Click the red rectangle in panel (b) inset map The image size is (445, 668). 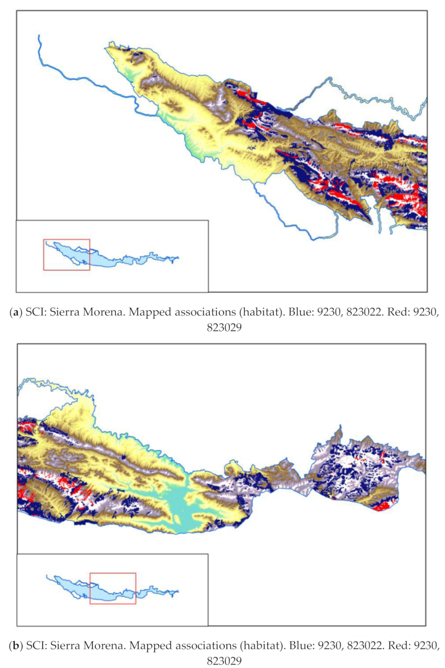[x=113, y=573]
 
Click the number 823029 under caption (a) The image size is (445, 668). [x=224, y=327]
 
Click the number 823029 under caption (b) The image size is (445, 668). [x=224, y=661]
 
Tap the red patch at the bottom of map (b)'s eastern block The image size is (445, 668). [x=381, y=506]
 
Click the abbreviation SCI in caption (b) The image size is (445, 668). [x=36, y=646]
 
